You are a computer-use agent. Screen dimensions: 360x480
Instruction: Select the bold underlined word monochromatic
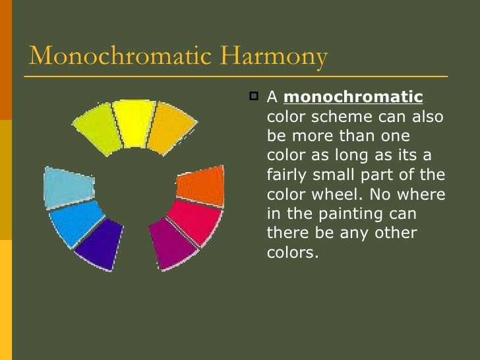353,98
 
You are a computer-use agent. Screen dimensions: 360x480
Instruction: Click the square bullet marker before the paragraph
255,98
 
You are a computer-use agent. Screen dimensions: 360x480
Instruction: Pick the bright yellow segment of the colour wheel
133,123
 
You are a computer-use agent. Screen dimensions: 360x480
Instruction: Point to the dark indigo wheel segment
100,243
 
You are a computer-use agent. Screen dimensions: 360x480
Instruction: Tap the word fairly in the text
287,175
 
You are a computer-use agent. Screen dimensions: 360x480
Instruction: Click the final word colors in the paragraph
293,253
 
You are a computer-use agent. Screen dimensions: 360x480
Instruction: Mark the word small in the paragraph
336,175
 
